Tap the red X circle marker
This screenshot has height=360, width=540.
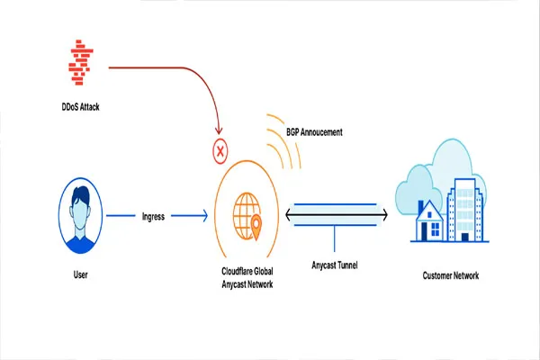218,149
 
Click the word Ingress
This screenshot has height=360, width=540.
154,217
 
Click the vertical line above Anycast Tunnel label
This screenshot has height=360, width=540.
336,238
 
